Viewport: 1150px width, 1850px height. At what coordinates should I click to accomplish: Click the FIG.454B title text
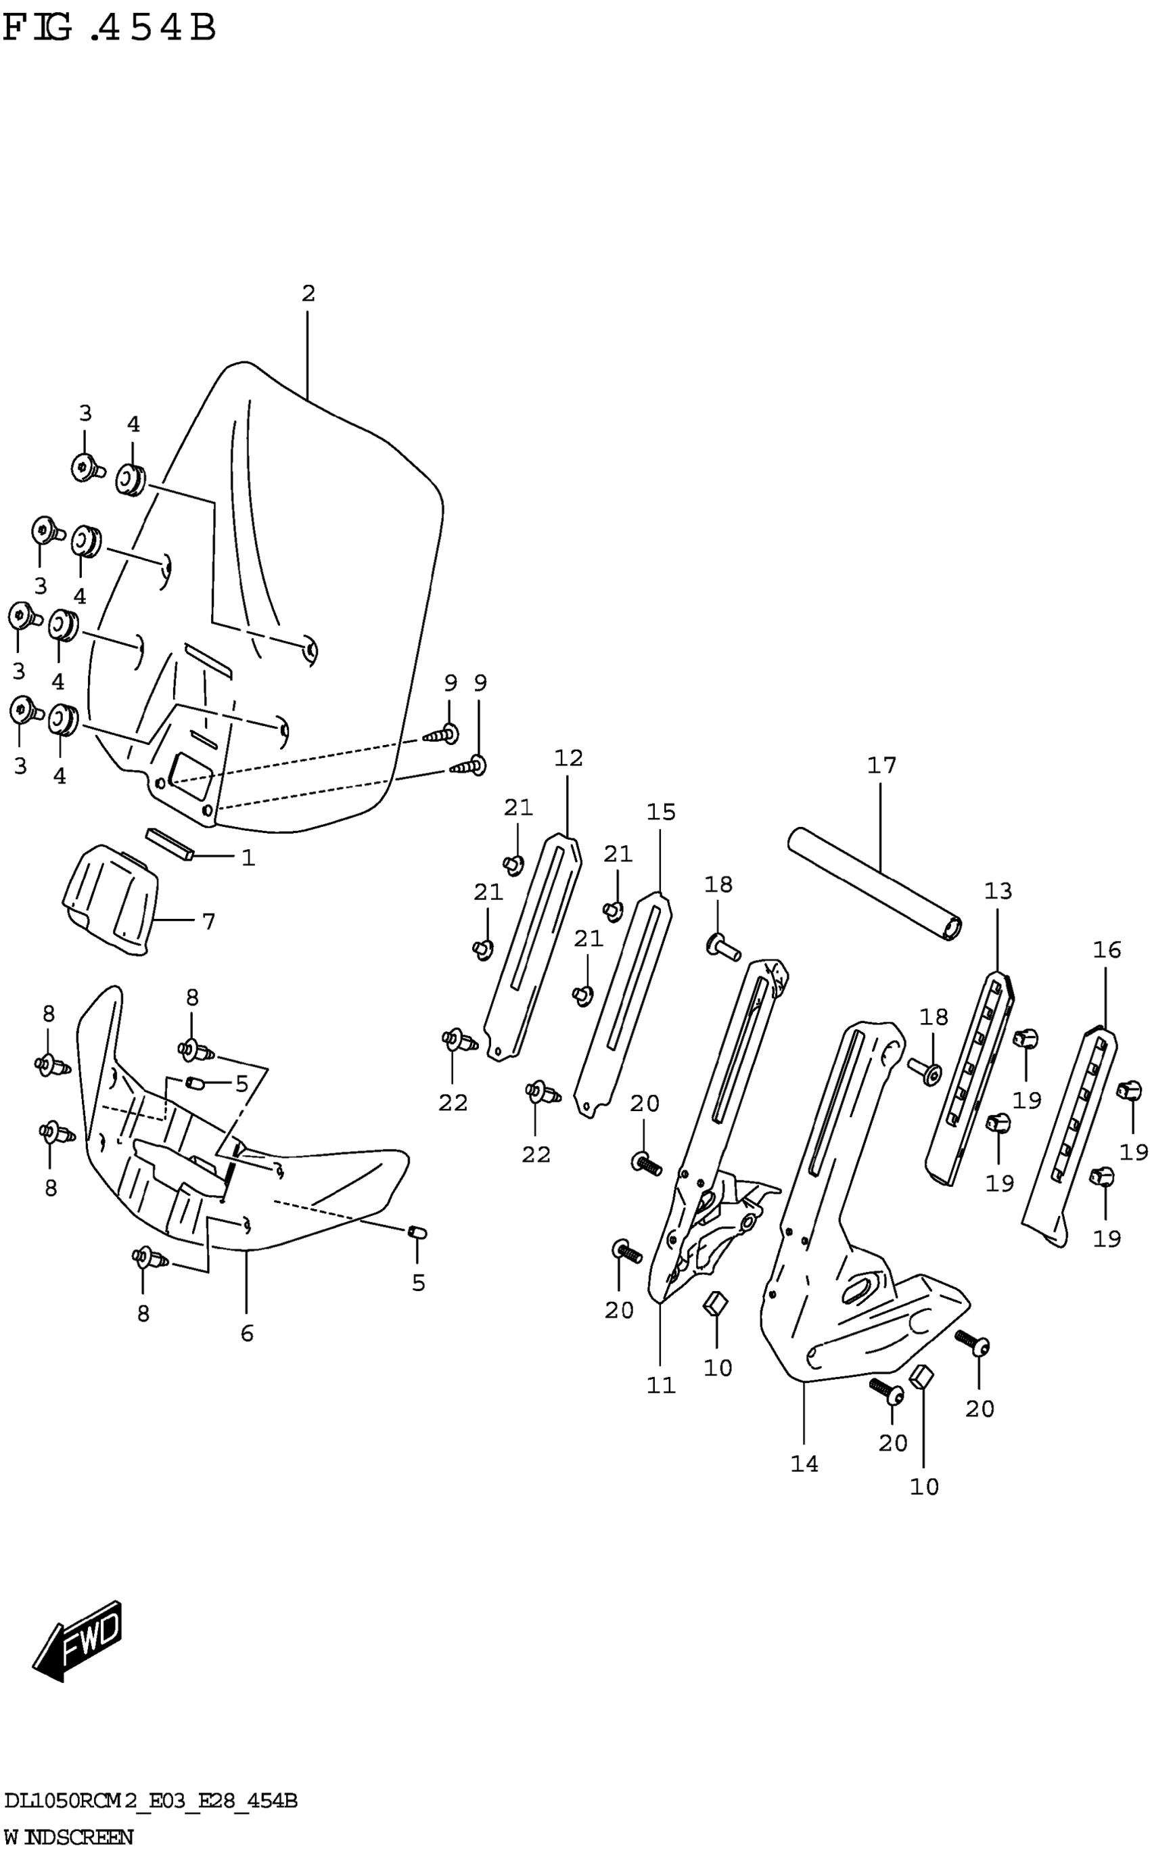[110, 28]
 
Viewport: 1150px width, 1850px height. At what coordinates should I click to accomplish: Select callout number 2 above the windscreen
[308, 293]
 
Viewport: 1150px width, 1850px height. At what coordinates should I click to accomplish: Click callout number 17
[881, 765]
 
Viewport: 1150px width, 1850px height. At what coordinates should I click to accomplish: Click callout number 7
[208, 922]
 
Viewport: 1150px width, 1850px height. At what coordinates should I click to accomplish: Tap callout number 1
[248, 858]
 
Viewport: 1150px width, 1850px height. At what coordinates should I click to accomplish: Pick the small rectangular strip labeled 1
[171, 843]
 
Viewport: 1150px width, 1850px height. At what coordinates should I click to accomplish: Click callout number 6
[246, 1334]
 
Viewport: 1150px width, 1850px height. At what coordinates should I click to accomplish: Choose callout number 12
[568, 758]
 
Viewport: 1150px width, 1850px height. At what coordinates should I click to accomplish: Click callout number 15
[661, 813]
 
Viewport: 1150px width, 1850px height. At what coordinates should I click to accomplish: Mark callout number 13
[998, 890]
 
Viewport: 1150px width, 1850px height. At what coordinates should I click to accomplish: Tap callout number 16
[1107, 949]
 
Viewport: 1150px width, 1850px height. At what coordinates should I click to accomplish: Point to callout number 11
[661, 1386]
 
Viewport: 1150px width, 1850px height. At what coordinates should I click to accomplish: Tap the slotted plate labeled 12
[532, 947]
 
